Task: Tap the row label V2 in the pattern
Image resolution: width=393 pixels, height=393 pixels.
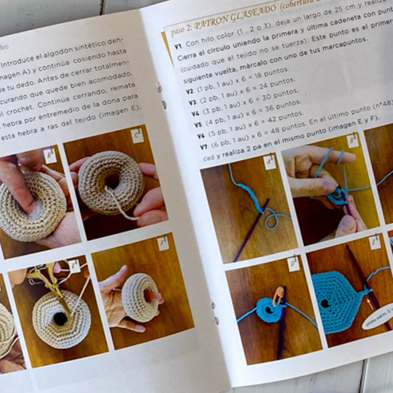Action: (x=190, y=91)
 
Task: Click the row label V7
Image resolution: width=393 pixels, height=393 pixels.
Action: (x=204, y=147)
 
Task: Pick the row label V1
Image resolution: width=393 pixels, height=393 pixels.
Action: (x=178, y=46)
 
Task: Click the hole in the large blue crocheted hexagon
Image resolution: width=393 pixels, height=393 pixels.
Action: (x=325, y=304)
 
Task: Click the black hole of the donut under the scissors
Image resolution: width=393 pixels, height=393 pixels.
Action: (x=60, y=318)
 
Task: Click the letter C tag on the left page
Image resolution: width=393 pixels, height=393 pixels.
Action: (x=137, y=135)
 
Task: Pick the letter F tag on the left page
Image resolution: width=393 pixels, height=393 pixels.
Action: (x=163, y=243)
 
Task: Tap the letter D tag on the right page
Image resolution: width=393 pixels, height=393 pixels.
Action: (x=293, y=264)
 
